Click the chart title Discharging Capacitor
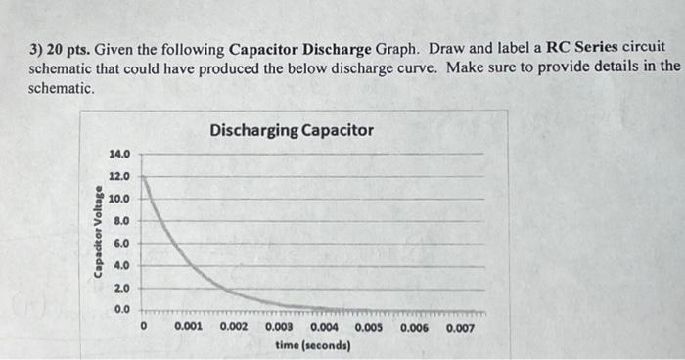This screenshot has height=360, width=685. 291,130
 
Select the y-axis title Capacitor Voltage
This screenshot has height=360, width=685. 99,231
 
